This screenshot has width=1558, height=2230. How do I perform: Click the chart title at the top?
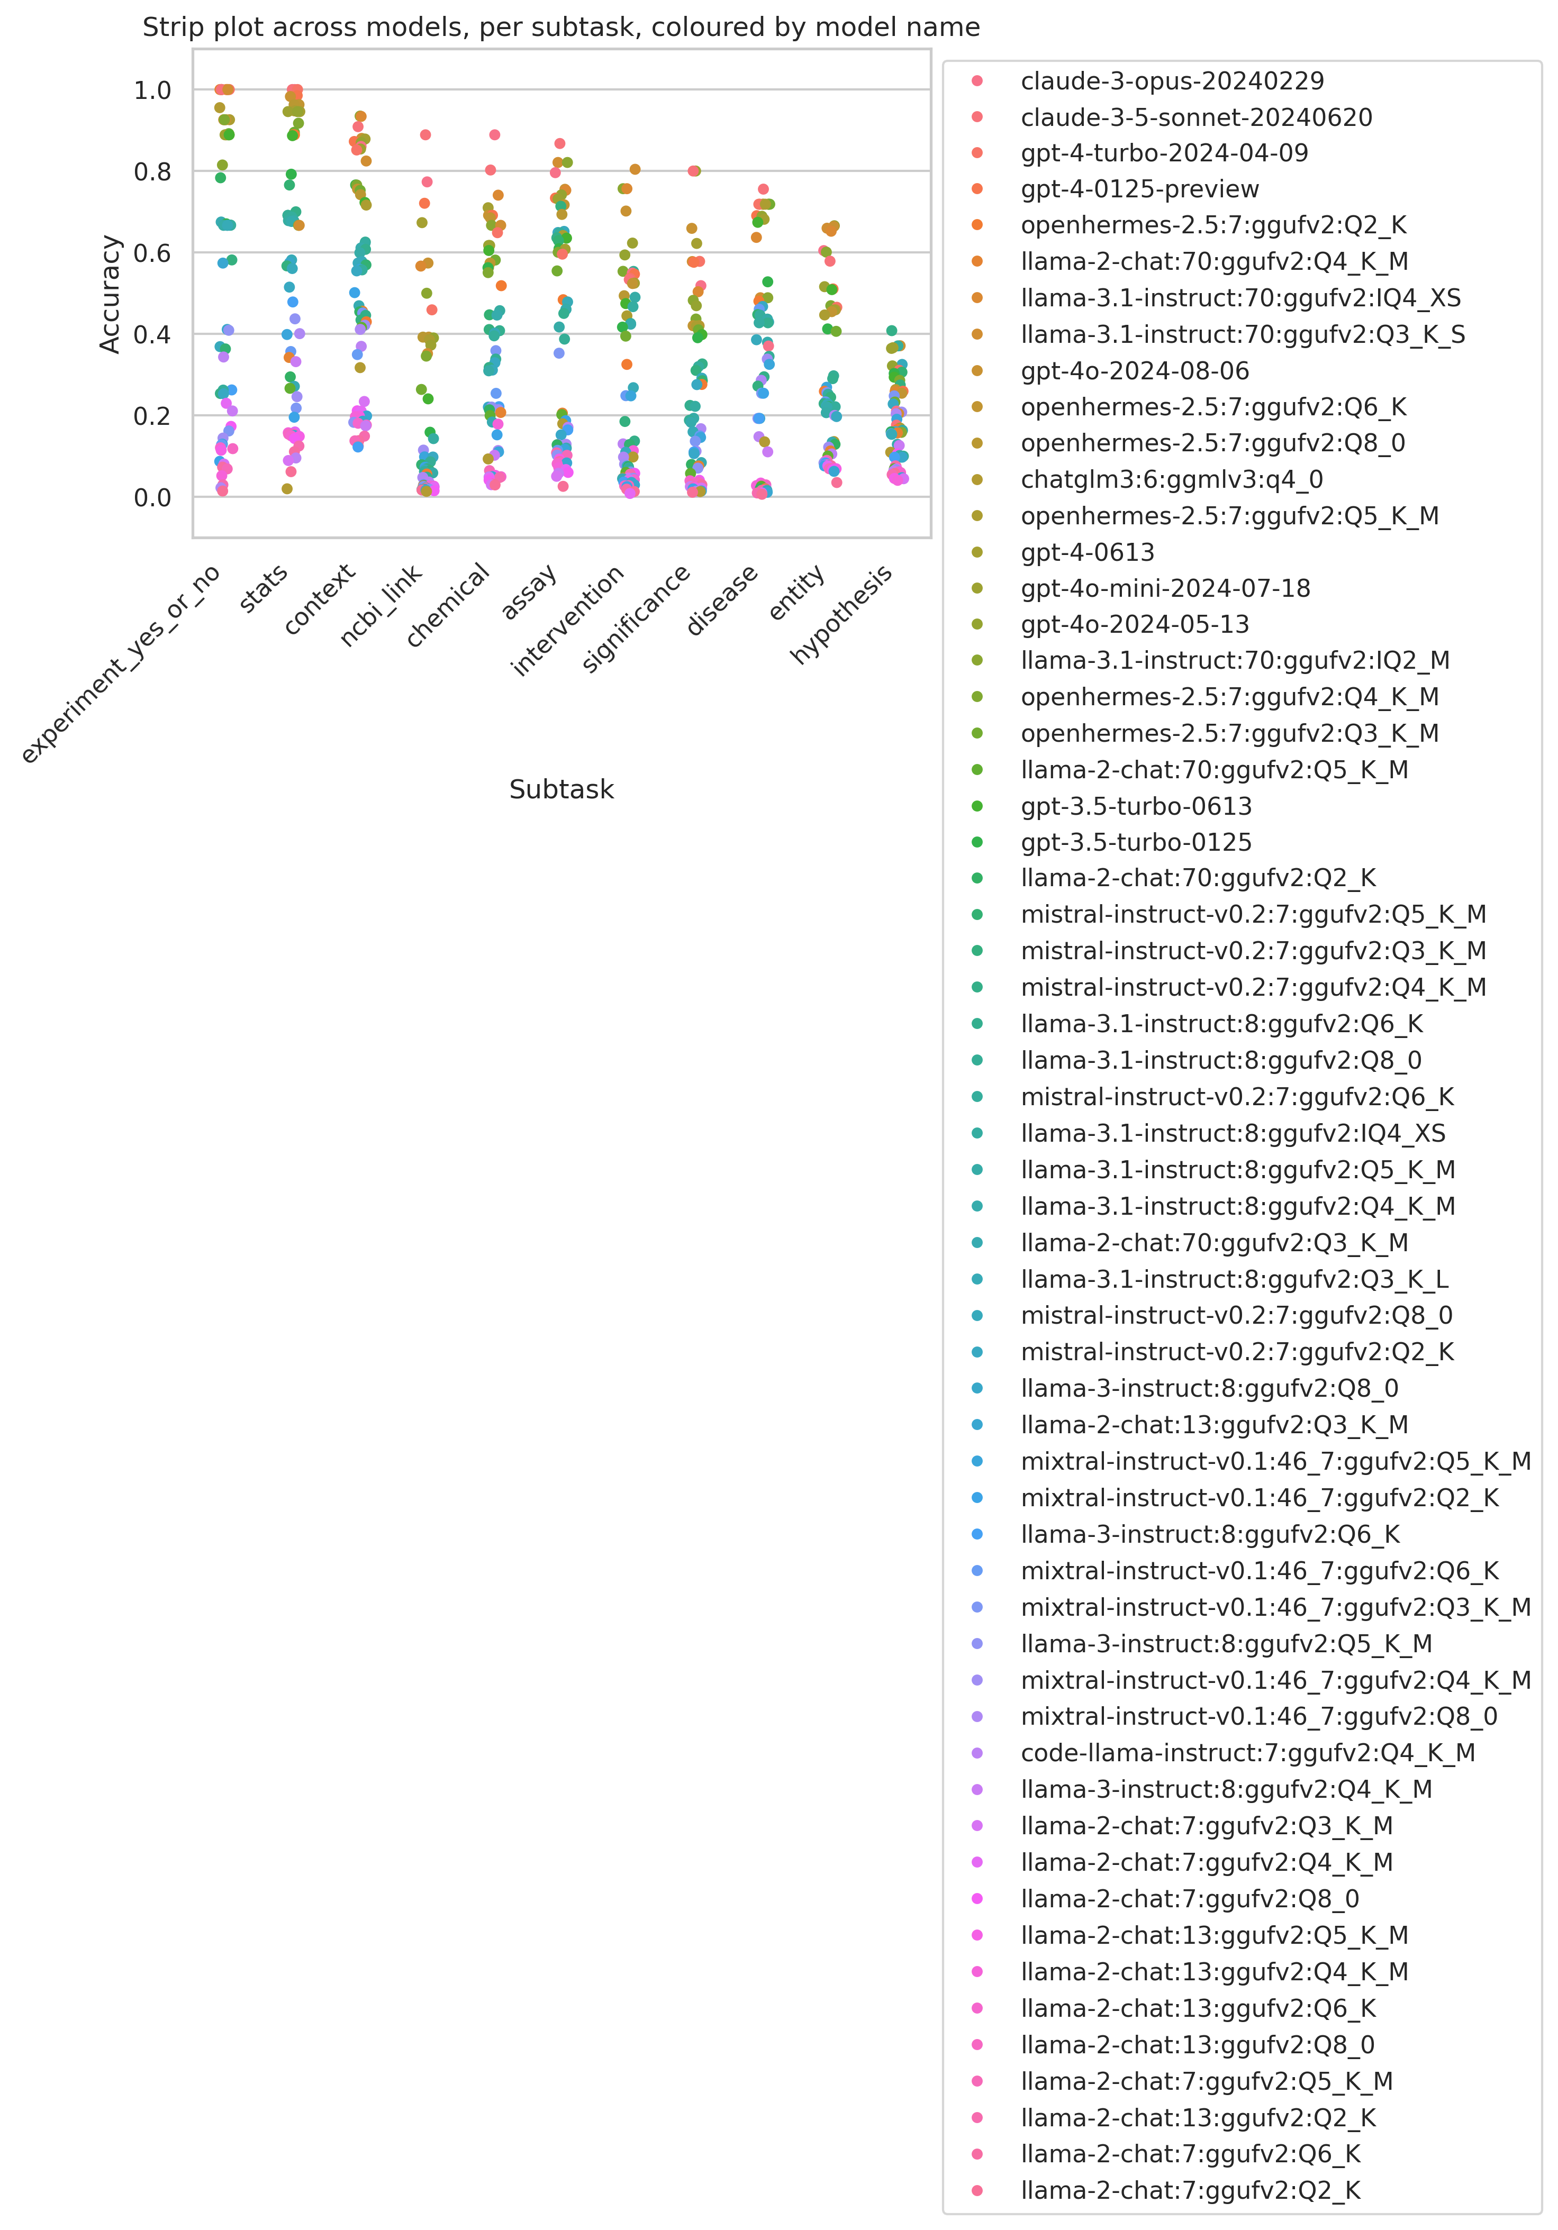click(x=561, y=27)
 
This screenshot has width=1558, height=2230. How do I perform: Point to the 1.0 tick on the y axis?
click(x=152, y=90)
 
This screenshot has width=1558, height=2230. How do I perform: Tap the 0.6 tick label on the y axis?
click(x=152, y=253)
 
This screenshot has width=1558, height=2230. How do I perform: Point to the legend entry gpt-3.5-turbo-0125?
click(x=1136, y=842)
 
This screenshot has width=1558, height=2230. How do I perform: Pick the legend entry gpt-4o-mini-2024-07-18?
click(x=1165, y=588)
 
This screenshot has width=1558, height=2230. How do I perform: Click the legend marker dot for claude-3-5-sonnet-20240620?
click(x=977, y=117)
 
